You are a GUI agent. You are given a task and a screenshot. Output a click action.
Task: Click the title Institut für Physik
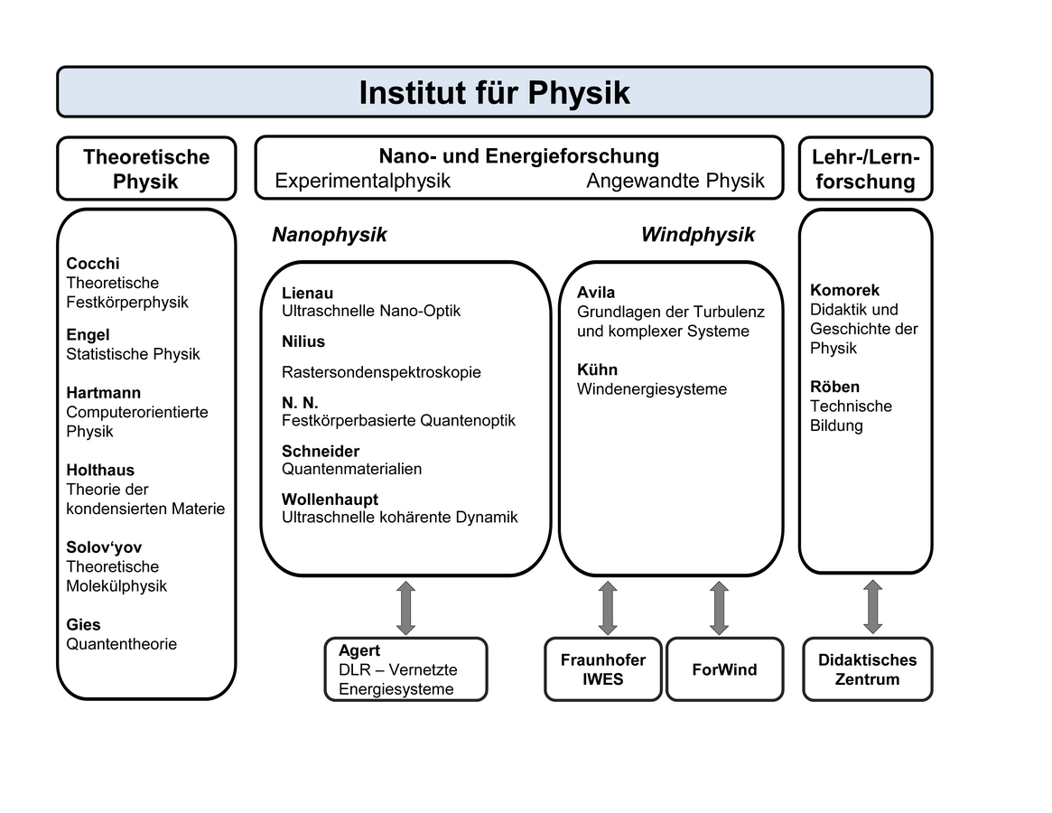(x=494, y=92)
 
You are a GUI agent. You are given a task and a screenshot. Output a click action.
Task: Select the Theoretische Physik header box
(x=146, y=169)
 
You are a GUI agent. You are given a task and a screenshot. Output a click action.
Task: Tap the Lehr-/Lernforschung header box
(x=865, y=169)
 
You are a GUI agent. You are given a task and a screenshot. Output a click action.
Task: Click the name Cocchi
(x=93, y=264)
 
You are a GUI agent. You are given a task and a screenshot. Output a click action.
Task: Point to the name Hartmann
(x=104, y=393)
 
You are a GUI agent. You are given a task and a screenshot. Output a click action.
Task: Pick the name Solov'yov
(x=104, y=547)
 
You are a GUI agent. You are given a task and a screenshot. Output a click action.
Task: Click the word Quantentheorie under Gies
(x=122, y=644)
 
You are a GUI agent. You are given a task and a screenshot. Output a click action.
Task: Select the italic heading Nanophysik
(x=330, y=235)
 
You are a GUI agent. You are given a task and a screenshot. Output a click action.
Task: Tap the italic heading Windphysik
(x=698, y=235)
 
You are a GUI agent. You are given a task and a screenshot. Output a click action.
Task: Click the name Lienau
(x=307, y=293)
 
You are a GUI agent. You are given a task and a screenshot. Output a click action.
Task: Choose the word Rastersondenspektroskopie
(x=381, y=372)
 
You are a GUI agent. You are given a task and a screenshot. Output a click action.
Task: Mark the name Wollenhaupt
(x=330, y=500)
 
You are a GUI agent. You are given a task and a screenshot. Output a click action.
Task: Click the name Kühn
(x=598, y=369)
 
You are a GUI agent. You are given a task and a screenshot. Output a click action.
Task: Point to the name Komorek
(x=844, y=290)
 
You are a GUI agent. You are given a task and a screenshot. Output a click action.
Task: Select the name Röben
(x=835, y=387)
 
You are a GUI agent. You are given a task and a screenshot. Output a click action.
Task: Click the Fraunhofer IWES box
(x=603, y=669)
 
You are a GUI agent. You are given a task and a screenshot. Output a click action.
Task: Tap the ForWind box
(x=724, y=669)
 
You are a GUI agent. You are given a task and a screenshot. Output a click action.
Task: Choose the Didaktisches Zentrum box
(x=867, y=669)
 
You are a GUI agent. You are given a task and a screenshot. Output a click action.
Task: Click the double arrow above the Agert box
(x=405, y=607)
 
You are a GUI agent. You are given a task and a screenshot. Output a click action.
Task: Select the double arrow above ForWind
(x=719, y=607)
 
